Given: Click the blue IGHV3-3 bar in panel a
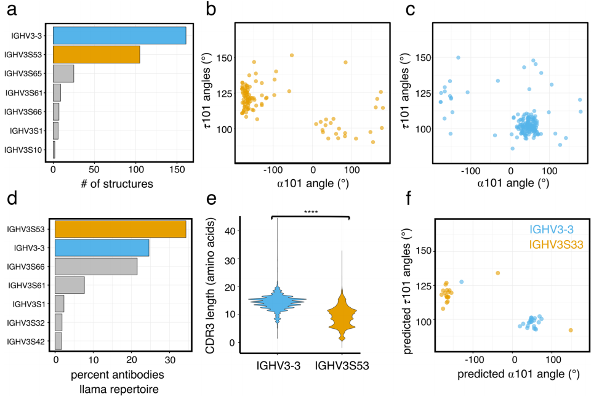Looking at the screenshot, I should [x=119, y=36].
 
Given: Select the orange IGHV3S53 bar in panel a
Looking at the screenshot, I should [x=97, y=55].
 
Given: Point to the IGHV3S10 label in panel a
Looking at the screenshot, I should [x=25, y=150].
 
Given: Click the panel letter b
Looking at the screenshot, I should [x=211, y=10].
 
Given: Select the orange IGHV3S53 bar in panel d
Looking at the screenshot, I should [x=121, y=229].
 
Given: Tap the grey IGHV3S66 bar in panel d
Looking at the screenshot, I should [x=96, y=267].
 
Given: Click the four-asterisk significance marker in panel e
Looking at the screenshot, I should [x=310, y=212].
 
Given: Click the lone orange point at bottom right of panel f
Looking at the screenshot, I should [x=571, y=330].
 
